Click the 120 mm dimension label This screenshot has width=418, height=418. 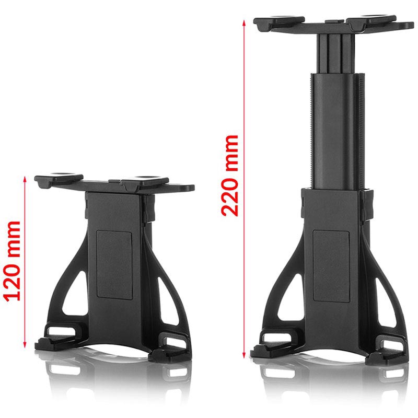[13, 261]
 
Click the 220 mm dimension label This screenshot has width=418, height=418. [229, 176]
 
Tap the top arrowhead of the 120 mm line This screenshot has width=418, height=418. [25, 179]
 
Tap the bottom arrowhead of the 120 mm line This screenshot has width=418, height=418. [25, 345]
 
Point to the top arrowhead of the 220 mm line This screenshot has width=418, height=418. [243, 23]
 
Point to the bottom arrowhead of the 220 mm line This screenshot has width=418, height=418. [243, 355]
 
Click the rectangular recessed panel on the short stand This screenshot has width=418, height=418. [114, 265]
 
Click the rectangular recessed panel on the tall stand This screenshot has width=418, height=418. [331, 266]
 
